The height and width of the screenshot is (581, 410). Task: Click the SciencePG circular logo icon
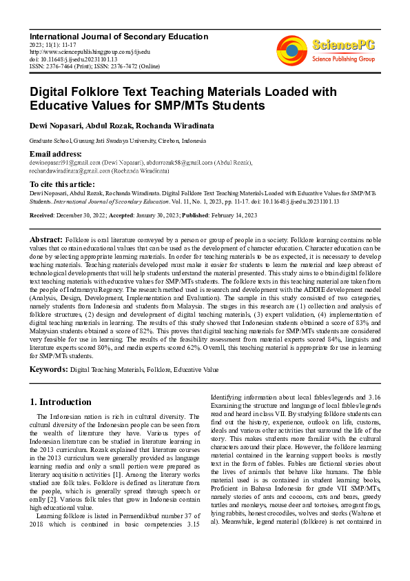click(291, 49)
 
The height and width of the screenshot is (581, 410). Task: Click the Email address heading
click(56, 153)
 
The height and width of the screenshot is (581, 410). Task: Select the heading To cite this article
click(63, 184)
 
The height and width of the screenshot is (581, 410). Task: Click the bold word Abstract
click(46, 238)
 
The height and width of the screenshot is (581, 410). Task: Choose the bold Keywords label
click(48, 370)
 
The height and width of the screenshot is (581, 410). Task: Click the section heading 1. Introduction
click(61, 402)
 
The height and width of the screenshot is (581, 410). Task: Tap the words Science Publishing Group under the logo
click(343, 60)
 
